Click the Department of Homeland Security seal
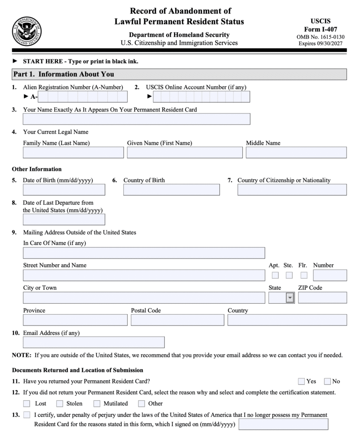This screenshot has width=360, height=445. (x=27, y=31)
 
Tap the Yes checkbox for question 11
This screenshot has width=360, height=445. (x=301, y=381)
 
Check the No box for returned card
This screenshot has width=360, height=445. (x=327, y=381)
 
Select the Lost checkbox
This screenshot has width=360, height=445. (x=27, y=403)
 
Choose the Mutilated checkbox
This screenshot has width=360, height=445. (x=96, y=403)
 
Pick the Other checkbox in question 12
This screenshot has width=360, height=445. (x=142, y=403)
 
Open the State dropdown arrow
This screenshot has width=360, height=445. (x=290, y=298)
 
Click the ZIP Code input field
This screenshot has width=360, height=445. (x=322, y=298)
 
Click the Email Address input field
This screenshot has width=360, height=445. (x=93, y=342)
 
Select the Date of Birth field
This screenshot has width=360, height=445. (x=64, y=190)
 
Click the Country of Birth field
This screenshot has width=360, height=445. (x=171, y=190)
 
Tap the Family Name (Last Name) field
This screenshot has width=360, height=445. (x=73, y=153)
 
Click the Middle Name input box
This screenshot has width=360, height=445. (x=296, y=153)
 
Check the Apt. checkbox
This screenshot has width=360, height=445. (x=275, y=275)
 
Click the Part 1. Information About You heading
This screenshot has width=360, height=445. (x=64, y=74)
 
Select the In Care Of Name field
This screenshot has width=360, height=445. (x=144, y=252)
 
